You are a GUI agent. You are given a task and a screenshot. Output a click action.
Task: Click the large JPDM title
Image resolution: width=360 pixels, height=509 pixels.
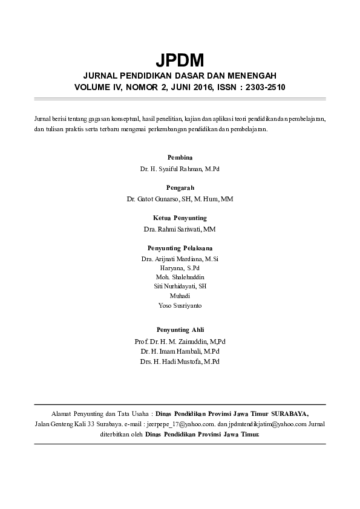180,60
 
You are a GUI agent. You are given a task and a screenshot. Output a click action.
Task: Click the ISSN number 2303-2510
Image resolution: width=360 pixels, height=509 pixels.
262,87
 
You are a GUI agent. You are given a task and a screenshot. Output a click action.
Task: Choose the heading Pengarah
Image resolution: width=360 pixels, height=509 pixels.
180,187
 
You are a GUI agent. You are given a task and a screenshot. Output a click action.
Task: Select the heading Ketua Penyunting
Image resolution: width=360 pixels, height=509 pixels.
180,218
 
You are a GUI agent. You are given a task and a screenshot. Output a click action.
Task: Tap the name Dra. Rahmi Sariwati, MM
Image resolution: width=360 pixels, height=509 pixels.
180,230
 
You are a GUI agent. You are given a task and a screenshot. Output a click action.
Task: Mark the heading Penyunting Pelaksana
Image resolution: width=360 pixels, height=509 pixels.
180,248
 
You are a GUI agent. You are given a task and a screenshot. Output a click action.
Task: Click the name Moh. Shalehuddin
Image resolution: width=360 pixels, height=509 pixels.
180,277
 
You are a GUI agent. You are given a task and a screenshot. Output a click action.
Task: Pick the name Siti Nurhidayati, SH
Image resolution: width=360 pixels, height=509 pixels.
180,287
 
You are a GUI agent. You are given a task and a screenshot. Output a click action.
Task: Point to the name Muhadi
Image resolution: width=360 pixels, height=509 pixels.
180,296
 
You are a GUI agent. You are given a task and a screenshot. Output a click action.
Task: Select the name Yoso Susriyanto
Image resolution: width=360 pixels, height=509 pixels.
180,306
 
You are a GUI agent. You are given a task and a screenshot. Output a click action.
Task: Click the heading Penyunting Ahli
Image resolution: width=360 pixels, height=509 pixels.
180,329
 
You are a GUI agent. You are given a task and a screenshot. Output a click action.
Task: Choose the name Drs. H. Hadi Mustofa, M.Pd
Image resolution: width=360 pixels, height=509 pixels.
180,361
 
